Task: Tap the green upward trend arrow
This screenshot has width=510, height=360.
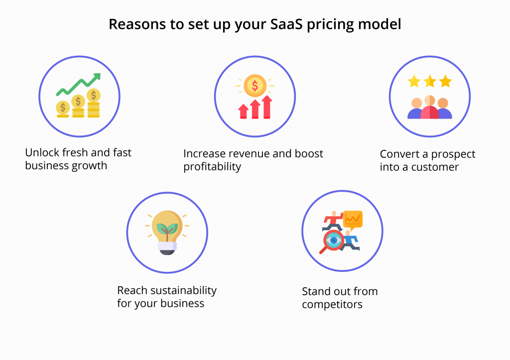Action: pyautogui.click(x=79, y=85)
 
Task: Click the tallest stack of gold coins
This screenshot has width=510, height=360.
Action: pyautogui.click(x=94, y=103)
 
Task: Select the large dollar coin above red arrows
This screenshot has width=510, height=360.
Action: pyautogui.click(x=255, y=86)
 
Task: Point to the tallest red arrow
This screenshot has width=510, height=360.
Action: pyautogui.click(x=267, y=107)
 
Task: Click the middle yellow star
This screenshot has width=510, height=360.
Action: pyautogui.click(x=430, y=81)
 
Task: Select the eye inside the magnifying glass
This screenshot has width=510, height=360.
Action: pyautogui.click(x=334, y=240)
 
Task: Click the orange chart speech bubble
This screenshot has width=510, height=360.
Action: pyautogui.click(x=353, y=220)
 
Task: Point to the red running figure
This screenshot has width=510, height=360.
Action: pyautogui.click(x=332, y=221)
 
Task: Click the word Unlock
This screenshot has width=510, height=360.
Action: pyautogui.click(x=42, y=152)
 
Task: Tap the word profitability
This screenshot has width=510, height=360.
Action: pyautogui.click(x=212, y=167)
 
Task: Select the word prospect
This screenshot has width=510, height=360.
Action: pyautogui.click(x=453, y=154)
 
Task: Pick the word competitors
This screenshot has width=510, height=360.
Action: pyautogui.click(x=332, y=305)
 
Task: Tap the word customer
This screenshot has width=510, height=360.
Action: pyautogui.click(x=435, y=167)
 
